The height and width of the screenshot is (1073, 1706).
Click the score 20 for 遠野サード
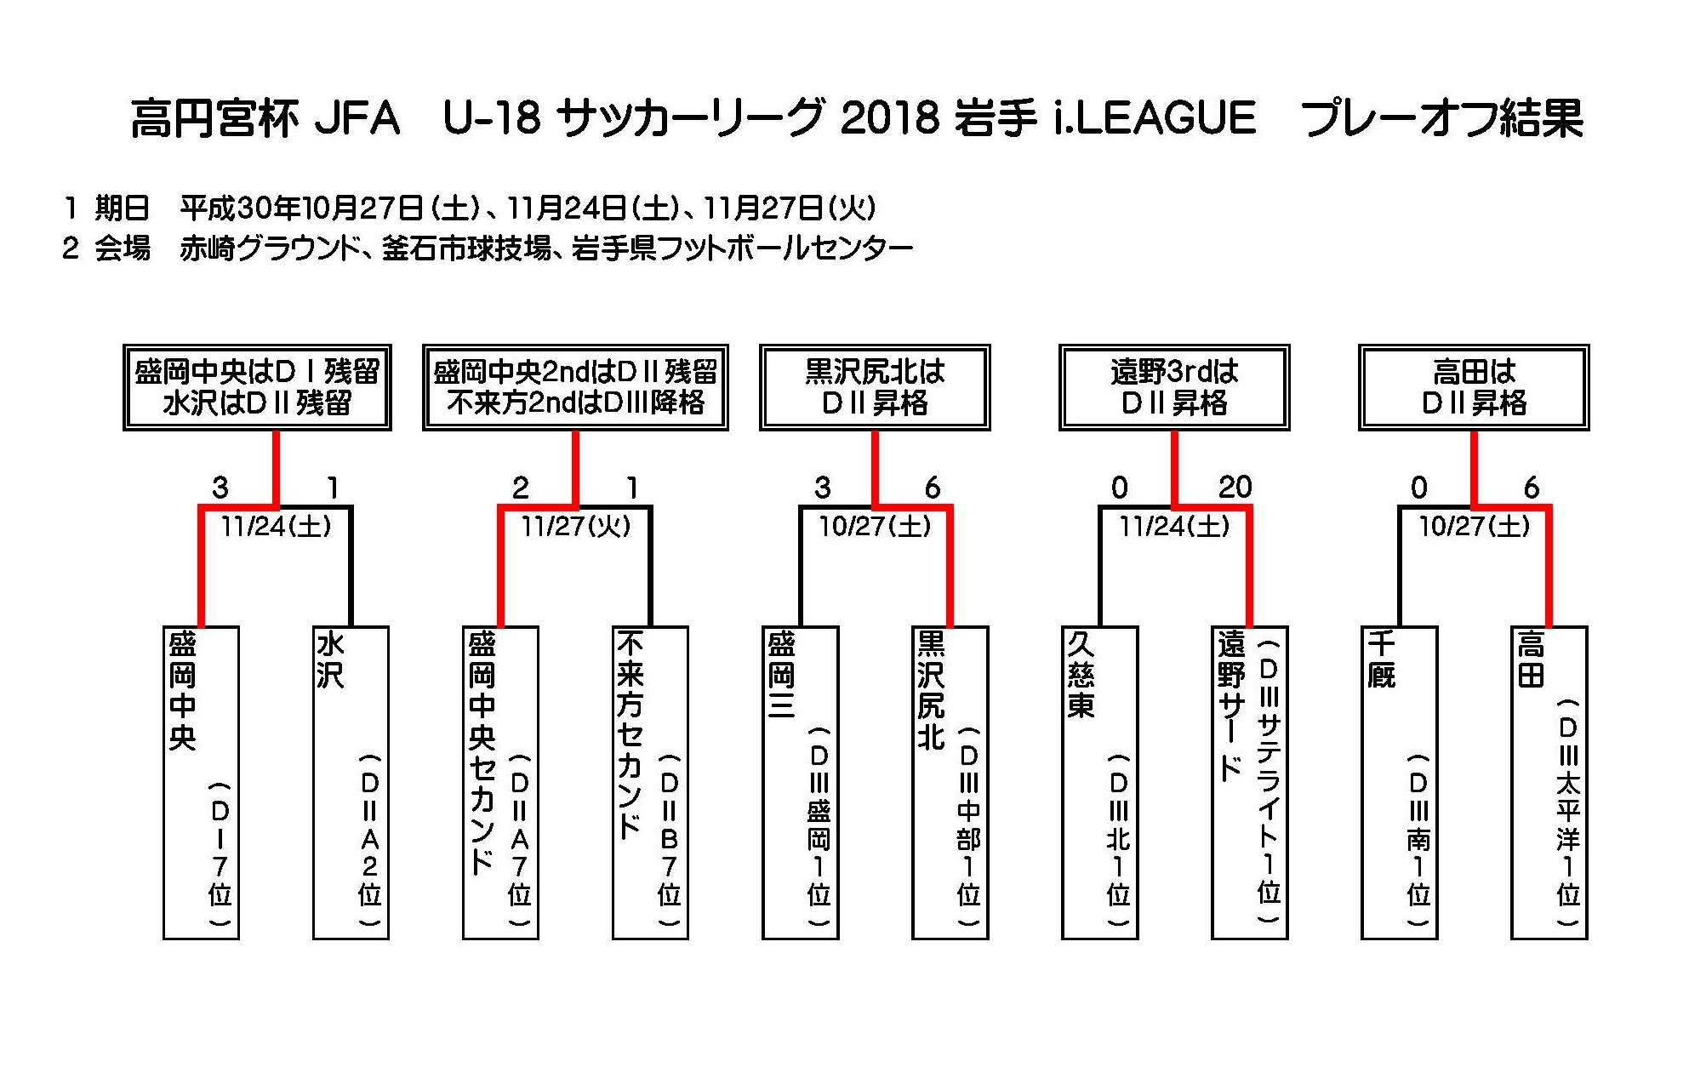point(1235,488)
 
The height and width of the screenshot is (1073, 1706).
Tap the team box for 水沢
point(351,783)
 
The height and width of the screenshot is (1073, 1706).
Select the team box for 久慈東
point(1100,783)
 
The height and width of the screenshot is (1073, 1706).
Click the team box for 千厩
point(1400,783)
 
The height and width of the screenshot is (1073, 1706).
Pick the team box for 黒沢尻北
point(950,783)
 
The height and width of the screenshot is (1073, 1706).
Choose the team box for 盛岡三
point(801,783)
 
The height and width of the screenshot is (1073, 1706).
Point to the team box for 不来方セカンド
point(650,783)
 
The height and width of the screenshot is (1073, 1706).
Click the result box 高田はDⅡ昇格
point(1474,387)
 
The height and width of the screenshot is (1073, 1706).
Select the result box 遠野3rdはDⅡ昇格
point(1174,387)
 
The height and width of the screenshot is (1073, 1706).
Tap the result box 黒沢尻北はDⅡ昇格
point(875,387)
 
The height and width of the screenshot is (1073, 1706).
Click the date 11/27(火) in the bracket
point(576,527)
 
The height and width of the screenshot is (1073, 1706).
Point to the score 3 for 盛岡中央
point(220,488)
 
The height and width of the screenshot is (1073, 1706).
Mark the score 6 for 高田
point(1532,488)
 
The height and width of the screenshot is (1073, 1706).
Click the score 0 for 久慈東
point(1120,488)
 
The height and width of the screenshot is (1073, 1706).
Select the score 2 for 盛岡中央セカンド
point(520,488)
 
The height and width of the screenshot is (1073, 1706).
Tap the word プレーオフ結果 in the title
point(1443,118)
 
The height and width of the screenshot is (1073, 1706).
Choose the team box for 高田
point(1549,783)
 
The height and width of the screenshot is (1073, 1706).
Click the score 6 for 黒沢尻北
point(933,488)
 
